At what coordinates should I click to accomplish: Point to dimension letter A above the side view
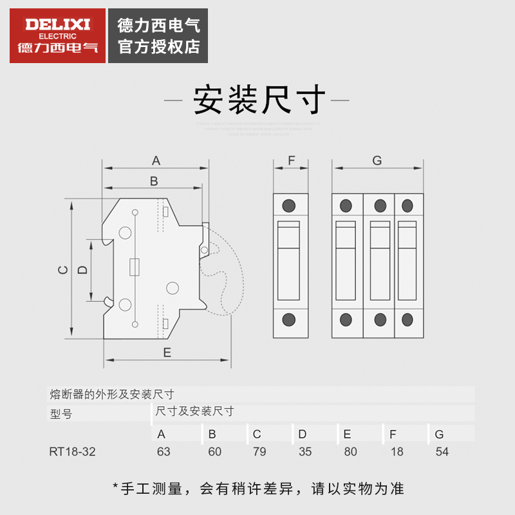(x=156, y=160)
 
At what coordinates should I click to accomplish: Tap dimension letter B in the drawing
(x=154, y=181)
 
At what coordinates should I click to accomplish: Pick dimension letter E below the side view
(x=166, y=352)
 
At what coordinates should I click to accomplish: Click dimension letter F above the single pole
(x=291, y=160)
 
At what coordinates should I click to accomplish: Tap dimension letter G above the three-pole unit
(x=377, y=160)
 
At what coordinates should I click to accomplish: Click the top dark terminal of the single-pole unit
(x=289, y=206)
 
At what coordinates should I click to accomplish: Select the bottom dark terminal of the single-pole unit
(x=289, y=319)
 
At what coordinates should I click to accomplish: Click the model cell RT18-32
(x=72, y=451)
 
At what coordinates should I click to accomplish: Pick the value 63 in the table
(x=164, y=451)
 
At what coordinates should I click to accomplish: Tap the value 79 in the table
(x=259, y=451)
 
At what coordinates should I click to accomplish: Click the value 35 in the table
(x=305, y=451)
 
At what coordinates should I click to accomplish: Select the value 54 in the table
(x=442, y=451)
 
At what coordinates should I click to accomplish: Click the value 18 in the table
(x=397, y=451)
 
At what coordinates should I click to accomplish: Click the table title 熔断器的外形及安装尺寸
(x=111, y=394)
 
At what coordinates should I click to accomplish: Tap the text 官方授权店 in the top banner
(x=159, y=46)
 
